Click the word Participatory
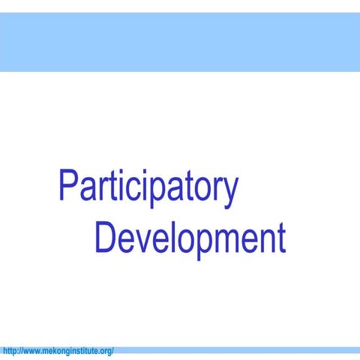click(148, 188)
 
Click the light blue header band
click(180, 42)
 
